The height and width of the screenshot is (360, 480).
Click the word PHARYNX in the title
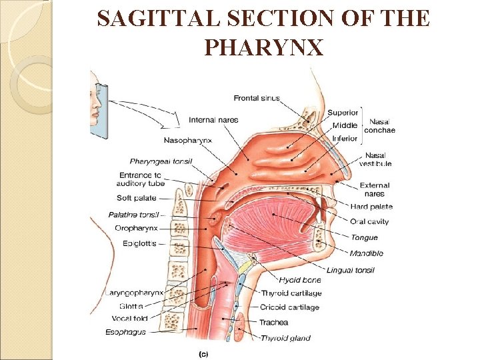pyautogui.click(x=264, y=47)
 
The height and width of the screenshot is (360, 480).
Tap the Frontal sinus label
pyautogui.click(x=255, y=99)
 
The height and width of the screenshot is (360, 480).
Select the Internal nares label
pyautogui.click(x=213, y=120)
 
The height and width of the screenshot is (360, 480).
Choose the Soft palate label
pyautogui.click(x=136, y=198)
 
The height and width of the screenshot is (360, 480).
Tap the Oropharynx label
pyautogui.click(x=136, y=228)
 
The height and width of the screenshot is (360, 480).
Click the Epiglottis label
pyautogui.click(x=139, y=243)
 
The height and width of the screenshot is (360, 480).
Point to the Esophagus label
pyautogui.click(x=126, y=332)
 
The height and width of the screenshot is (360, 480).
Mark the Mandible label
pyautogui.click(x=366, y=253)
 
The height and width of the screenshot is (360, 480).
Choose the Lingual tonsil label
pyautogui.click(x=350, y=270)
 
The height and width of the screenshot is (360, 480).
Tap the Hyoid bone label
pyautogui.click(x=300, y=281)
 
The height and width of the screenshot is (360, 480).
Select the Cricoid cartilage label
pyautogui.click(x=290, y=307)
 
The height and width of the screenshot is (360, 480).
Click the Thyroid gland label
pyautogui.click(x=285, y=338)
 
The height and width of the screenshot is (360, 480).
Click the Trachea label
pyautogui.click(x=273, y=322)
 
